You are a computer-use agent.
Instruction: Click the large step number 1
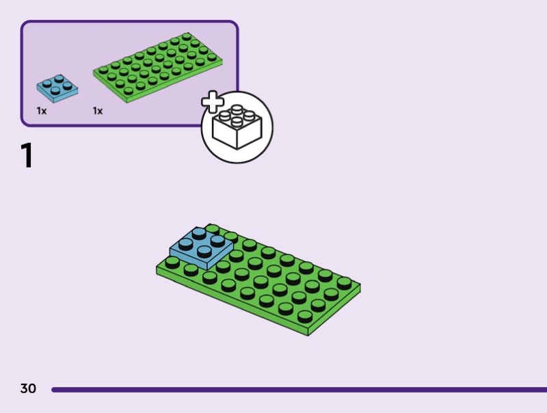27,155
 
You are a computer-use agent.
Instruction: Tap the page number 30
28,389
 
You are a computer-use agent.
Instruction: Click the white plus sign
213,103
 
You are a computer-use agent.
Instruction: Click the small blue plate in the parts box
57,89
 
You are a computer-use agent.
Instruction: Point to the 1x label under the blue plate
42,111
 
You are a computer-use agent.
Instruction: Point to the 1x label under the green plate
98,111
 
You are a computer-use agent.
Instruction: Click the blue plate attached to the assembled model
201,248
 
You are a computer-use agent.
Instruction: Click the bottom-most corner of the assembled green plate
308,334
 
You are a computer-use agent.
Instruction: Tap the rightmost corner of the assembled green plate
360,286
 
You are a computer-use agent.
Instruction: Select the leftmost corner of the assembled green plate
157,269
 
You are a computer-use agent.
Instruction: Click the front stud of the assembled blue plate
204,252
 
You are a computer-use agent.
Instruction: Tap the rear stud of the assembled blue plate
200,232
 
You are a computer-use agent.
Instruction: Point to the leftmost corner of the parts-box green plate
94,69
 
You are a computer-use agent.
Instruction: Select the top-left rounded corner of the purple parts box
25,25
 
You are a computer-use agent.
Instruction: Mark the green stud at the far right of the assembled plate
344,282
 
